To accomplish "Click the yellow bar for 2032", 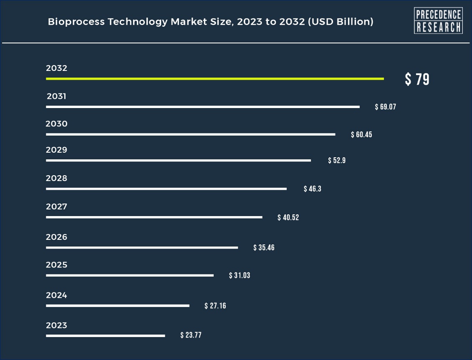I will pos(215,78).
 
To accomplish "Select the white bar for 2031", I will pos(202,107).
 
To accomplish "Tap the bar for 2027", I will pos(154,217).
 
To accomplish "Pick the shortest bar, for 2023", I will pos(105,335).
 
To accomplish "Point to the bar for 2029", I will pos(178,160).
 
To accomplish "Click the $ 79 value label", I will pos(417,79).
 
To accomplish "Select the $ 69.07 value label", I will pos(385,107).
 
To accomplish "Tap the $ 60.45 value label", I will pos(361,135).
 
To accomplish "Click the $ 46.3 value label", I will pos(312,189).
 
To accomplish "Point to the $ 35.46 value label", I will pos(264,248).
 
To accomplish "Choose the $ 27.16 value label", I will pos(215,306).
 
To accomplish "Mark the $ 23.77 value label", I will pos(191,335).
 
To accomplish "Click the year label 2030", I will pos(56,124).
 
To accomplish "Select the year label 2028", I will pos(56,179).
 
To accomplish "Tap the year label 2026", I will pos(56,237).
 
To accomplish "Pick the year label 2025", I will pos(56,265).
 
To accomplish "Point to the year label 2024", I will pos(56,295).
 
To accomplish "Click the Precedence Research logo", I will pos(438,20).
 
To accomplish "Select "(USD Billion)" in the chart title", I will pos(340,22).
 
